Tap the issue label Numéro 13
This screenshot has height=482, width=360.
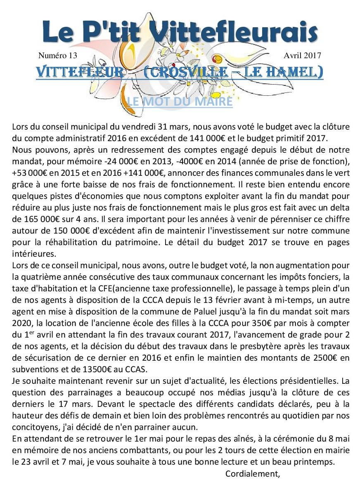coord(58,55)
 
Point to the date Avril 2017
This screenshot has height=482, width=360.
coord(302,55)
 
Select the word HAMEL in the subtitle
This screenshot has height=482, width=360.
coord(298,72)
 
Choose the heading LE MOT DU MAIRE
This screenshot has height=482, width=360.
coord(180,101)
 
